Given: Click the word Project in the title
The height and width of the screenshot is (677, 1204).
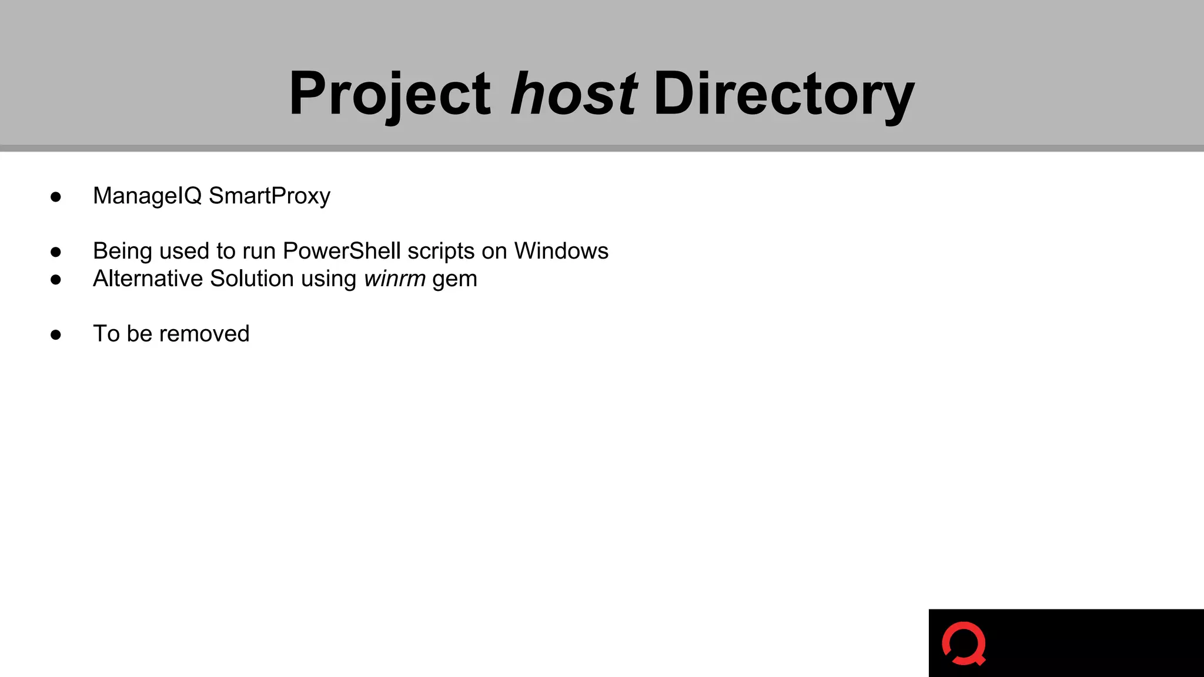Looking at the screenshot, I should (389, 93).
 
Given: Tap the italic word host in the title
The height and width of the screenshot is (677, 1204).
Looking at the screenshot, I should (573, 93).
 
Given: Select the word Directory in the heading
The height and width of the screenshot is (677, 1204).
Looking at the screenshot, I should (784, 93).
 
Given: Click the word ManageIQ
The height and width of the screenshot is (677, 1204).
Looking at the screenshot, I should (147, 196).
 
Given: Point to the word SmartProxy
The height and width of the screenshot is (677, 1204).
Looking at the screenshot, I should (269, 196).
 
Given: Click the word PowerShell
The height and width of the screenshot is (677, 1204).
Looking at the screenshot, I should (342, 251).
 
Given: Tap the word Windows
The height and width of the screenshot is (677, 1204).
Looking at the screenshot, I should (561, 251).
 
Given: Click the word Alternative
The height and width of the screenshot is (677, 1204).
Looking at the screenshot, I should (148, 279).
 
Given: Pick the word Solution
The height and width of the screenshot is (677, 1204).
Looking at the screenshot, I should (252, 279).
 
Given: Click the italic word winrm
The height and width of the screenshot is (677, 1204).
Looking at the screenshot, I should (394, 279).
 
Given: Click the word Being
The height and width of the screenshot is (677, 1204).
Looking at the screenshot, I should (122, 251).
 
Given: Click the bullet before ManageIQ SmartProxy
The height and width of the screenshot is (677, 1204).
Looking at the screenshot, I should (56, 197).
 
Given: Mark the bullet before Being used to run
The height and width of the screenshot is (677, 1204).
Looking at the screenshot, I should (56, 252).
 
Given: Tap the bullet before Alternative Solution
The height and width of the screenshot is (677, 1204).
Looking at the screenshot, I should (56, 280).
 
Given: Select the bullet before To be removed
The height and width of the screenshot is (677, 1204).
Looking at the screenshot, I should (56, 335).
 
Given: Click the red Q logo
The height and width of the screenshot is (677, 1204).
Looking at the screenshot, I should (964, 644).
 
